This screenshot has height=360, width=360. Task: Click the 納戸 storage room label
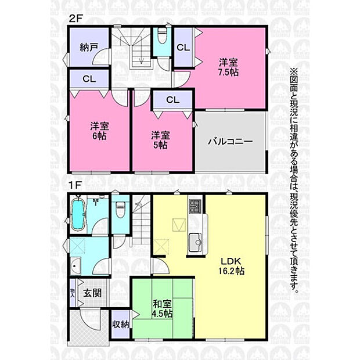89,47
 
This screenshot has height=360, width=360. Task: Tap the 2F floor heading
75,19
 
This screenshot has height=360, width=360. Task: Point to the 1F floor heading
75,185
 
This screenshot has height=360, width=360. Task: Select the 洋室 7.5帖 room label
228,67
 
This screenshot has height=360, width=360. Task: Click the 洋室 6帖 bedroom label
99,131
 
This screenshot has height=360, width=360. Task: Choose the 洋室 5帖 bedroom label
160,140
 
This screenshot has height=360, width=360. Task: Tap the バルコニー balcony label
230,141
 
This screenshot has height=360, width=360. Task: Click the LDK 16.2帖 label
231,266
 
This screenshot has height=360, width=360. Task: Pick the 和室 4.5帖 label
163,308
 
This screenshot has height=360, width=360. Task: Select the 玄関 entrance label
92,293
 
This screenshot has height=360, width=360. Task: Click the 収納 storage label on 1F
121,325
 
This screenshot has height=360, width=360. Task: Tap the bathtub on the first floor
78,214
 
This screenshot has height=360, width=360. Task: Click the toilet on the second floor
163,36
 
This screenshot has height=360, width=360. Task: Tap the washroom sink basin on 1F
75,266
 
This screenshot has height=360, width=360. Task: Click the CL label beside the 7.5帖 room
183,48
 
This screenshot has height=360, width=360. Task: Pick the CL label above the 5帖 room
172,100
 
